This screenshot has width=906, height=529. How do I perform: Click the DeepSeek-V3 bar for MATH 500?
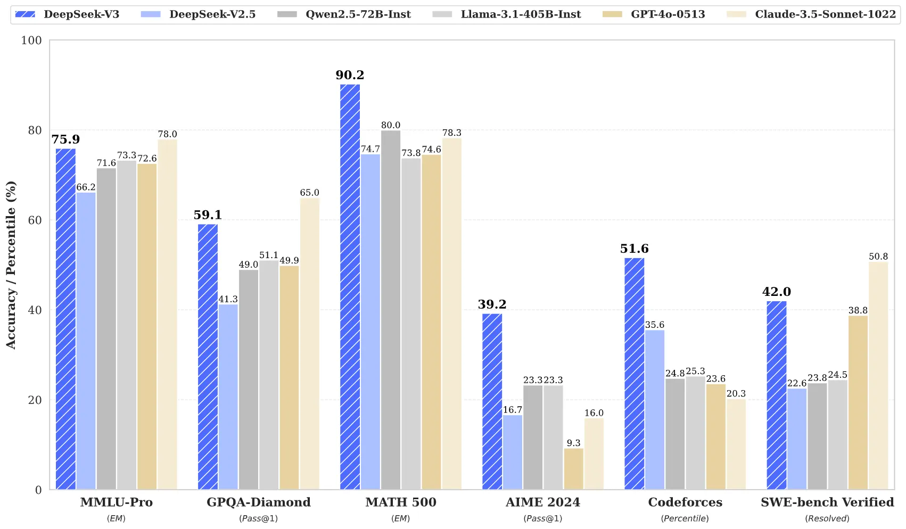(350, 287)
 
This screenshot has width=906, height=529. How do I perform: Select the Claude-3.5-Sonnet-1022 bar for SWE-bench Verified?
(878, 376)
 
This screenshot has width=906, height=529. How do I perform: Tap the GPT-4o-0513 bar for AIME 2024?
(573, 469)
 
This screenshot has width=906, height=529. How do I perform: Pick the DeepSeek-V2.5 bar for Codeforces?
(654, 410)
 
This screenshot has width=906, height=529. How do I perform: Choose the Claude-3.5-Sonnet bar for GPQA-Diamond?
(309, 344)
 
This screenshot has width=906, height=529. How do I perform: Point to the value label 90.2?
(350, 75)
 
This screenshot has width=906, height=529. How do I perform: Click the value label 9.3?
(573, 443)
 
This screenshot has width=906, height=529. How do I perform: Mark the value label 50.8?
(878, 257)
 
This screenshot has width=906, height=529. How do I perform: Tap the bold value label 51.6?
(634, 249)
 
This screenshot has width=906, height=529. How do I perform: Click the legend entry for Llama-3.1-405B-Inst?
(521, 14)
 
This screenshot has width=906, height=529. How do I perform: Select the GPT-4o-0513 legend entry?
(668, 14)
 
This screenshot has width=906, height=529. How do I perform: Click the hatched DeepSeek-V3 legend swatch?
(25, 14)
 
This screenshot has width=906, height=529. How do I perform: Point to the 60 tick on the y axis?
(35, 220)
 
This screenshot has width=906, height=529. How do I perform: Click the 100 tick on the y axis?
(31, 40)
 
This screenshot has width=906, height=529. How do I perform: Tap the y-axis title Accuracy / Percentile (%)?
(11, 265)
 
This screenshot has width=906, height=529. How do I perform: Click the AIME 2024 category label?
(542, 502)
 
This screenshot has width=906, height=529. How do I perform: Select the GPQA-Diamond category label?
(258, 502)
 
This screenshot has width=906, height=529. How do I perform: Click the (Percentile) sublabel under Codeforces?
(685, 518)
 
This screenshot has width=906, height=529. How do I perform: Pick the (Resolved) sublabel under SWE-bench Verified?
(827, 518)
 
